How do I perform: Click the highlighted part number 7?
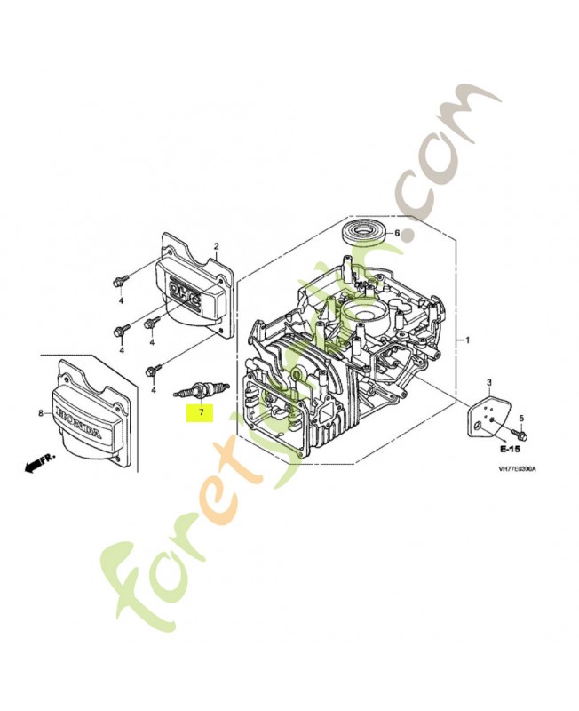[202, 412]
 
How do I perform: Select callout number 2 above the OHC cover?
[215, 246]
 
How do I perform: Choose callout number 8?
[40, 413]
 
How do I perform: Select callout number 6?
[397, 234]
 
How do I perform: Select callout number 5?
[521, 417]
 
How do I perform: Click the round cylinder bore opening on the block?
[365, 312]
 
